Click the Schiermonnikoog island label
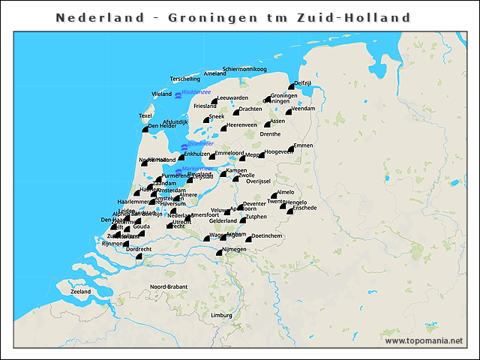[x=250, y=69]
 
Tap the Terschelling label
[x=185, y=79]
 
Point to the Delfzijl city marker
[x=292, y=87]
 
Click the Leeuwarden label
[x=232, y=97]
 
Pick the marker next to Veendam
[x=289, y=112]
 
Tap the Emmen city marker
[x=291, y=149]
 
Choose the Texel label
[x=145, y=115]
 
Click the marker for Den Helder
[x=145, y=129]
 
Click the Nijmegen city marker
[x=219, y=253]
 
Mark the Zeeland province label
[x=80, y=291]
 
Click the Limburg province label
[x=221, y=316]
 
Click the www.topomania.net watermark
[x=424, y=341]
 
